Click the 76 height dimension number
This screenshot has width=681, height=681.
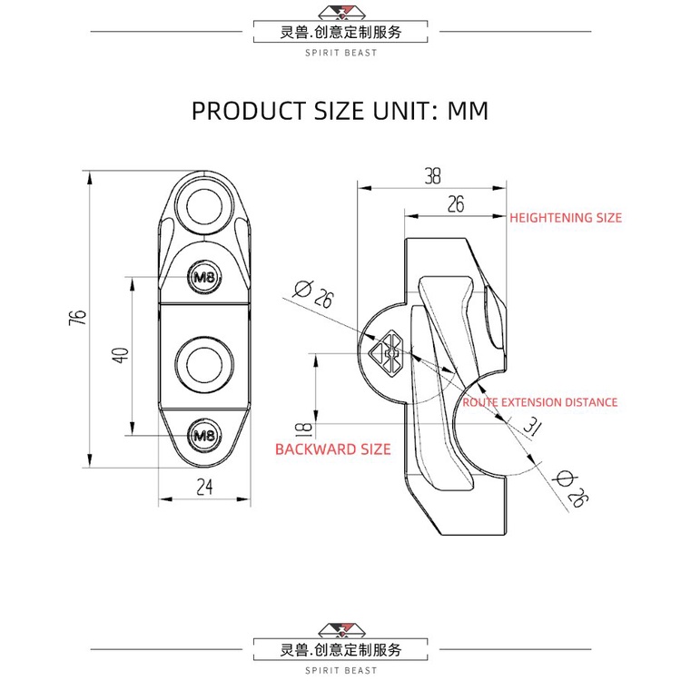[x=78, y=318]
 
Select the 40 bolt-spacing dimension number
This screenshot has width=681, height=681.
[x=121, y=355]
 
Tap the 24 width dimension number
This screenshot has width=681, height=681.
[x=204, y=487]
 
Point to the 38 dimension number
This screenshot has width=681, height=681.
[x=432, y=176]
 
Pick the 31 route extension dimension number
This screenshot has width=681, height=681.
[x=530, y=426]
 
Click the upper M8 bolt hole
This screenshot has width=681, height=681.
[x=204, y=277]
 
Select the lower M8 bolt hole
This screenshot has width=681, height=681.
[x=204, y=435]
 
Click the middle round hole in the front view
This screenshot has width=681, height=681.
[x=204, y=364]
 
